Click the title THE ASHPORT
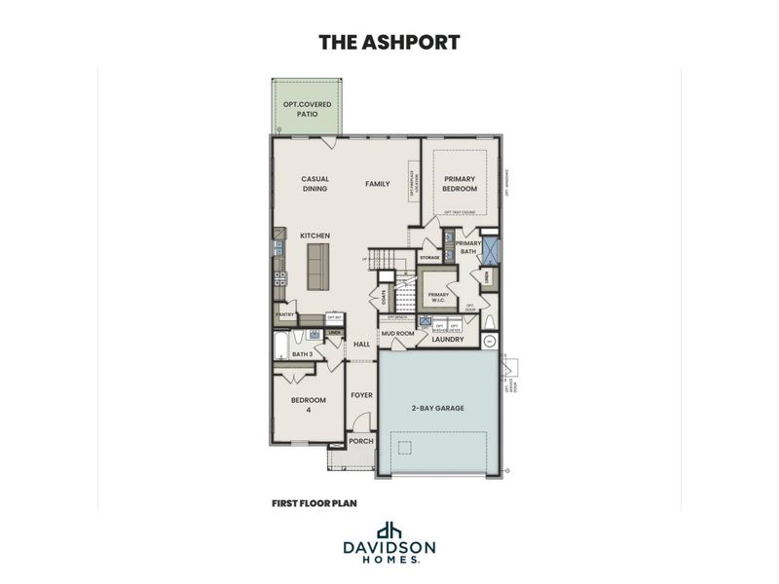[x=389, y=42]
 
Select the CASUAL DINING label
[x=315, y=184]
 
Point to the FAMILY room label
[x=377, y=183]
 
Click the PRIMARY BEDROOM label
[x=460, y=183]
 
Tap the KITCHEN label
[x=315, y=236]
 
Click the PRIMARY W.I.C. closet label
[x=438, y=297]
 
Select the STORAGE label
[x=429, y=257]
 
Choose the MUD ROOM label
[x=398, y=333]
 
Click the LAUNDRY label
[x=449, y=339]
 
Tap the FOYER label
[x=361, y=395]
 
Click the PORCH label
[x=361, y=440]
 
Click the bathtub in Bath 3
[x=281, y=347]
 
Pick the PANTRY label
[x=285, y=314]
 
